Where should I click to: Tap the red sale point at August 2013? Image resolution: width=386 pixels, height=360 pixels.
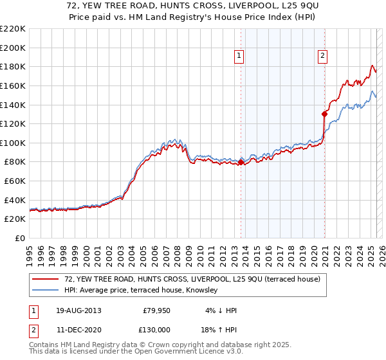point(241,162)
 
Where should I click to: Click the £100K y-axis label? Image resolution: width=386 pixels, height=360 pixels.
point(14,143)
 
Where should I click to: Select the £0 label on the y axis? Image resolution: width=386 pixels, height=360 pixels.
point(19,239)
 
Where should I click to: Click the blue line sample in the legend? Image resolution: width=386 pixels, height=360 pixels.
point(46,290)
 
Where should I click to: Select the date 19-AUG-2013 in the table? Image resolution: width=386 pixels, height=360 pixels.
point(78,310)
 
